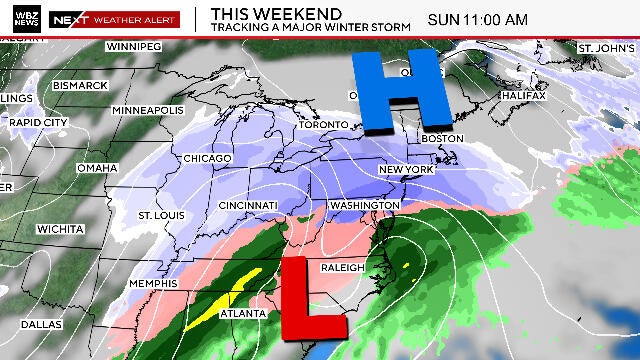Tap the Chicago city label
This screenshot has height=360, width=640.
[207, 159]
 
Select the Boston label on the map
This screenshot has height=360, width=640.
[444, 138]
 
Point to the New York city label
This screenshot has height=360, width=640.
[404, 170]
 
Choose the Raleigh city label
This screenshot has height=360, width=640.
[342, 268]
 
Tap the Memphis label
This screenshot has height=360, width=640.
[154, 283]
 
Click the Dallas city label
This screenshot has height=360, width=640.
[40, 324]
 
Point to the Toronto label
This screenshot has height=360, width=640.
[329, 125]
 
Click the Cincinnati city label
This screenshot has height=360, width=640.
[248, 205]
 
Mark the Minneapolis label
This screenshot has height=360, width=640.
[148, 109]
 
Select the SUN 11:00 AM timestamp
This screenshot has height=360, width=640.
[477, 19]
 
